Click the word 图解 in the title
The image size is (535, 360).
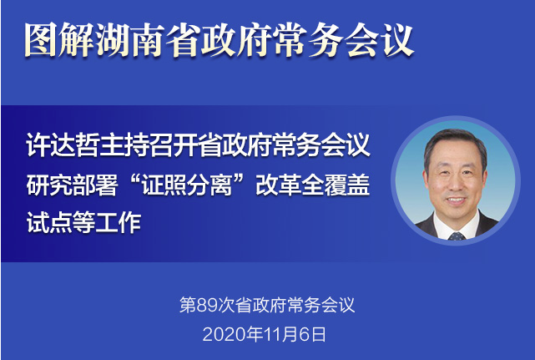coord(58,40)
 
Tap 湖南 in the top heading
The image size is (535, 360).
coord(129,40)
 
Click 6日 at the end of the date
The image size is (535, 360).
coord(312,334)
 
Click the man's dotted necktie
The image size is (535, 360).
coord(457,236)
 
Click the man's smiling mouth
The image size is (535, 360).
coord(456,200)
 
